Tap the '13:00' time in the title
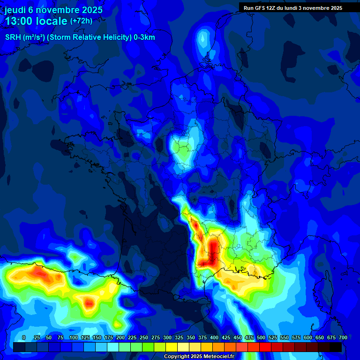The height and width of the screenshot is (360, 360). [x=19, y=21]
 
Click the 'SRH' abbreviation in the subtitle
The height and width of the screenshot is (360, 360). [x=13, y=37]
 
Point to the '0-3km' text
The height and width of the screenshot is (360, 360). [x=145, y=37]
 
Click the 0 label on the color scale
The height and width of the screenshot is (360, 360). [x=24, y=337]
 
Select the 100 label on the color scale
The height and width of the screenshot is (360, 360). [x=74, y=337]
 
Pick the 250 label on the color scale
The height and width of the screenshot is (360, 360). [x=144, y=337]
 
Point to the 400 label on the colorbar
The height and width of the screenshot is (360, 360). [x=214, y=337]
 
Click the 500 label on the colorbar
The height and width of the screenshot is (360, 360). [x=261, y=337]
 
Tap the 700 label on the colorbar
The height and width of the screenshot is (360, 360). [x=343, y=337]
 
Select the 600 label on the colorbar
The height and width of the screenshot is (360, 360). [x=308, y=337]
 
